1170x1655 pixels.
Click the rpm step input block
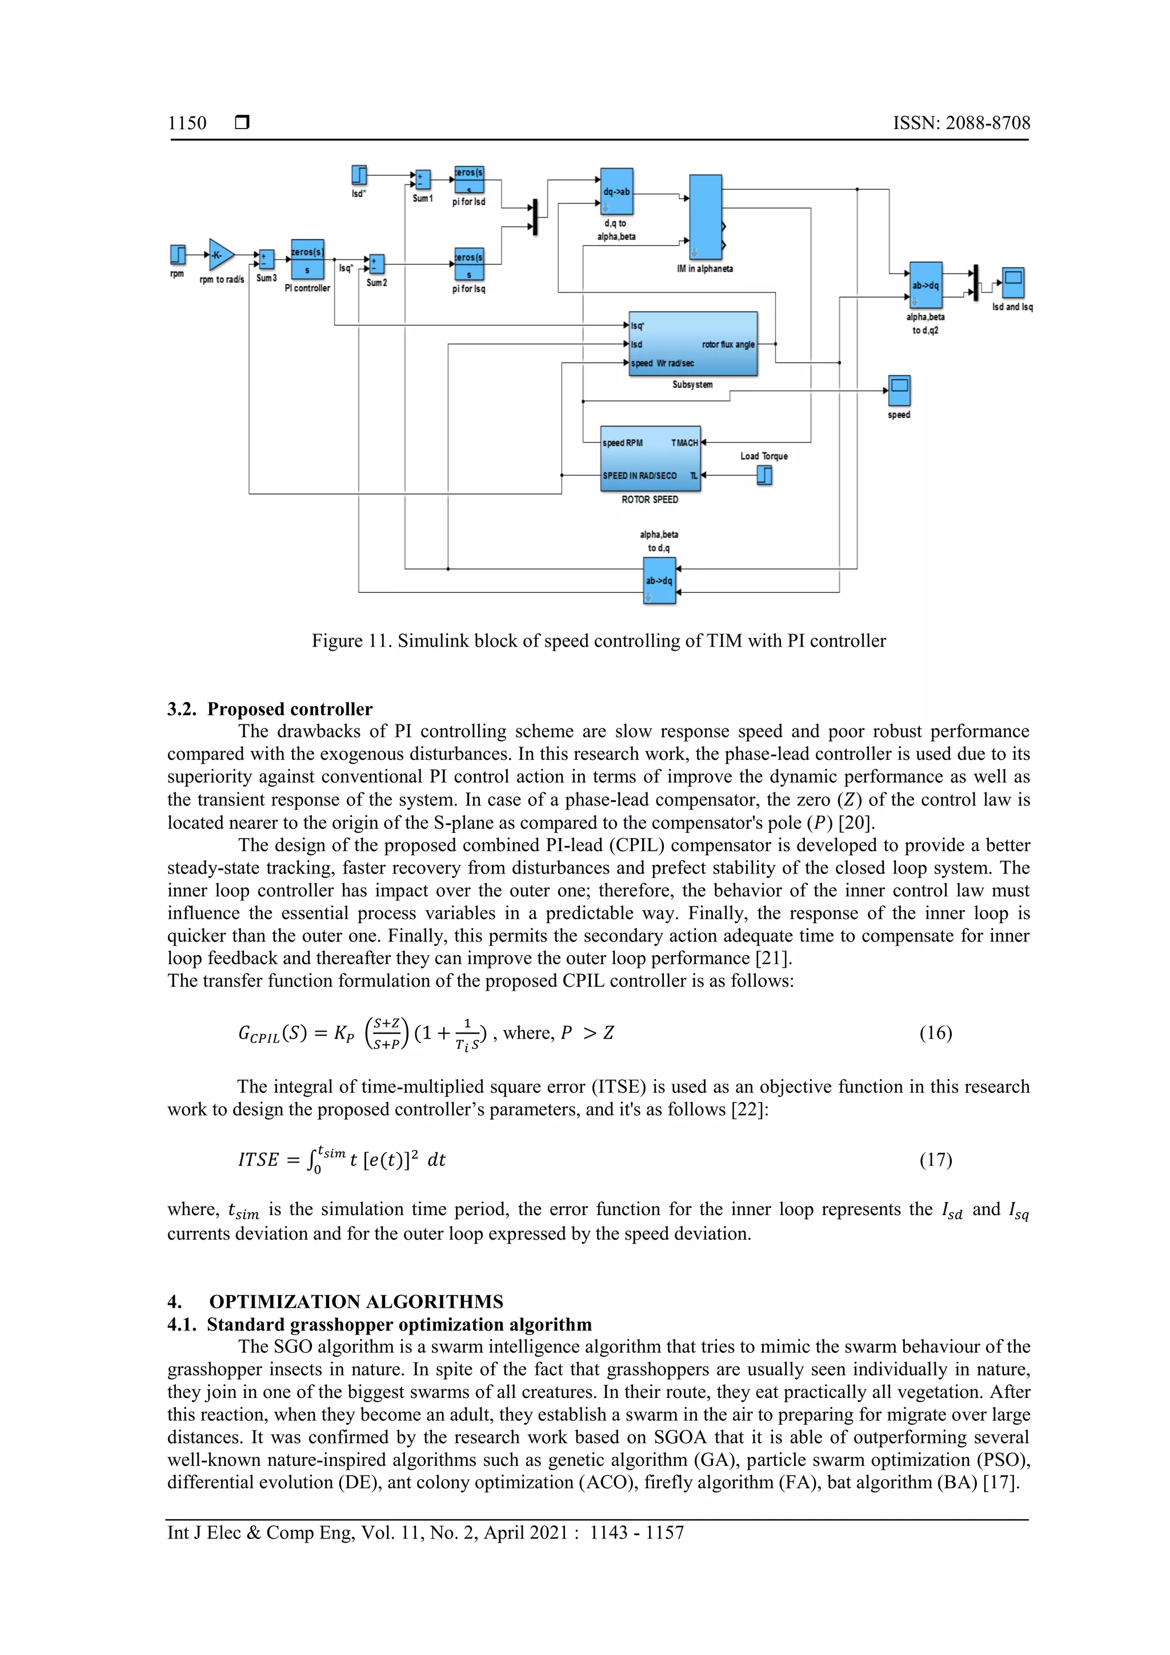coord(177,254)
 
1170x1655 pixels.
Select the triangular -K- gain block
coord(220,254)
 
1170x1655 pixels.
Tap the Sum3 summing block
coord(266,259)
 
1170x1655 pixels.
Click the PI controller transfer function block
coord(308,259)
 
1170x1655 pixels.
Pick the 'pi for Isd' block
coord(468,179)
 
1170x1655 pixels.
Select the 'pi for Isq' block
coord(468,265)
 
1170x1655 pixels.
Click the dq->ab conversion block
coord(616,192)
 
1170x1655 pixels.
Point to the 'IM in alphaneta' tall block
coord(705,217)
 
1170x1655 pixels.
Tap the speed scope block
coord(899,391)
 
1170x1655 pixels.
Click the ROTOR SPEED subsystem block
coord(650,458)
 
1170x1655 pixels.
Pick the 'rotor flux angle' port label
coord(727,344)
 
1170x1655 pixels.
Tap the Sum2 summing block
coord(376,264)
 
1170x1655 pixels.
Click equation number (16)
coord(935,1033)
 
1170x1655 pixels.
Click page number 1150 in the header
coord(187,123)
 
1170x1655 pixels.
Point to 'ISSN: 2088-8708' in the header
coord(961,123)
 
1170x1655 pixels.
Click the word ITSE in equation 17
coord(258,1160)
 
